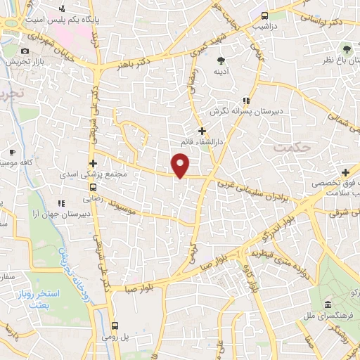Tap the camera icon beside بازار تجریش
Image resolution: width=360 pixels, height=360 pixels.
pos(25,51)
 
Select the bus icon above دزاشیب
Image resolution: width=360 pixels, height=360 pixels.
pos(264,15)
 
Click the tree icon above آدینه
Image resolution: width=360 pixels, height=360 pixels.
pos(221,60)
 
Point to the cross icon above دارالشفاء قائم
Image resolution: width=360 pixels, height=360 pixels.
pos(202,131)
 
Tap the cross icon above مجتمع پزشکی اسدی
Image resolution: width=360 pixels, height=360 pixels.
pos(93,163)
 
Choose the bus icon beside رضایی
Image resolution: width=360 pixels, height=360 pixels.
pos(92,187)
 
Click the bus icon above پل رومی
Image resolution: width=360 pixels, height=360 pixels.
pos(115,326)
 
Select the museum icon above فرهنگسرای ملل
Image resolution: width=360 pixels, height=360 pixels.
pos(328,304)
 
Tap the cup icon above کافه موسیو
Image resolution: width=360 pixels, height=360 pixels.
pos(12,152)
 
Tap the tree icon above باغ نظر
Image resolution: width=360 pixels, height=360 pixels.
pos(346,49)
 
